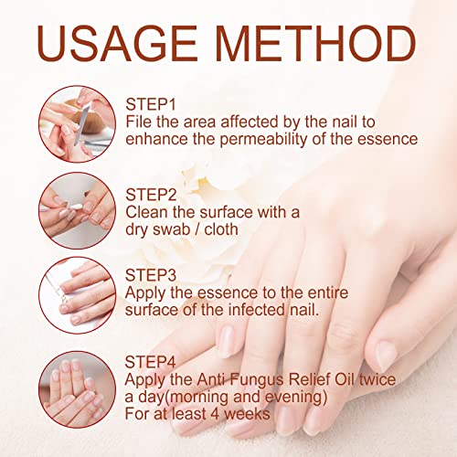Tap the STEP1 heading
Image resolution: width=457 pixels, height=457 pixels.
tap(151, 104)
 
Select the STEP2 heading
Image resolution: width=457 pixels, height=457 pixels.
tap(151, 195)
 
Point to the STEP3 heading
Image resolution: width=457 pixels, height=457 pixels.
tap(151, 275)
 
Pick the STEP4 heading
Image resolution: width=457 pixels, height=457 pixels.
tap(151, 362)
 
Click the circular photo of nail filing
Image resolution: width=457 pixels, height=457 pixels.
tap(78, 124)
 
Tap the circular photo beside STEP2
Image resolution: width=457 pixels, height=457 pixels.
tap(78, 210)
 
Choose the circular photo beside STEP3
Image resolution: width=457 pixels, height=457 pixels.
tap(78, 295)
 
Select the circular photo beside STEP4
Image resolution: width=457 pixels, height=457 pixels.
tap(78, 389)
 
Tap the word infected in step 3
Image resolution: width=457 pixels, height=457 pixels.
tap(256, 310)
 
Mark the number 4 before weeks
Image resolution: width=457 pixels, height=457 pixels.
tap(215, 414)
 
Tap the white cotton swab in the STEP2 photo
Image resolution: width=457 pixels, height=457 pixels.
tap(76, 207)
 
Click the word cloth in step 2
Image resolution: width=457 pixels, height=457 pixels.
tap(221, 229)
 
